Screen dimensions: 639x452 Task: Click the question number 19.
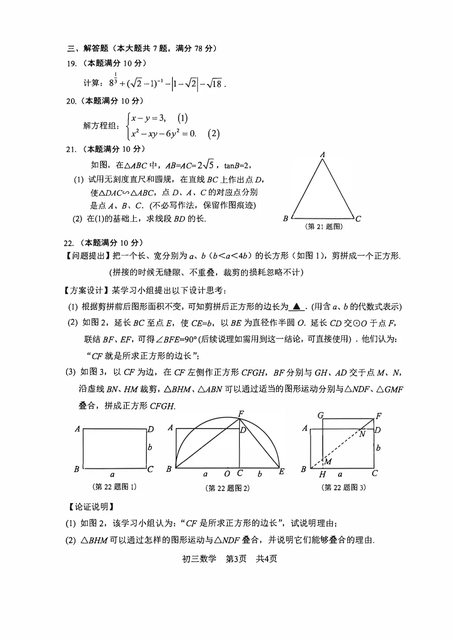click(x=72, y=64)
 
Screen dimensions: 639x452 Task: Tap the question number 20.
click(x=72, y=101)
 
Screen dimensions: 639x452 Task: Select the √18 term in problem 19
click(x=216, y=84)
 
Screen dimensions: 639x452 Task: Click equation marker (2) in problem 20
click(x=213, y=134)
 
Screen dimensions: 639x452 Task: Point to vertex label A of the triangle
click(x=322, y=155)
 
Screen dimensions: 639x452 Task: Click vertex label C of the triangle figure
click(x=358, y=218)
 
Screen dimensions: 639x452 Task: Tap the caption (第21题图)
click(x=324, y=227)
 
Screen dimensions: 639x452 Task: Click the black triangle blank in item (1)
click(x=297, y=307)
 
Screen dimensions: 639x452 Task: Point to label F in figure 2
click(x=241, y=414)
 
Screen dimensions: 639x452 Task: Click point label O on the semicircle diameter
click(x=227, y=474)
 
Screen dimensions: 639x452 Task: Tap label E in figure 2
click(x=282, y=471)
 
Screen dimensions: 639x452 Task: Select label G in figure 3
click(x=321, y=415)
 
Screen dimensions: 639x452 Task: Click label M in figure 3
click(x=328, y=462)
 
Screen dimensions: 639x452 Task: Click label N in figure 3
click(x=362, y=434)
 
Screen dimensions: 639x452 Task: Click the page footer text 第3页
click(x=236, y=559)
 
